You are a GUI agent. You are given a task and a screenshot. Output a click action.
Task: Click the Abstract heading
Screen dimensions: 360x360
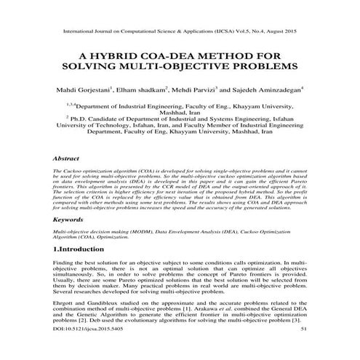tap(66, 157)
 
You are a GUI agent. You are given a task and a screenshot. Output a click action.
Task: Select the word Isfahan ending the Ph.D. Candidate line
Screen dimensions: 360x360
tap(287, 123)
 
